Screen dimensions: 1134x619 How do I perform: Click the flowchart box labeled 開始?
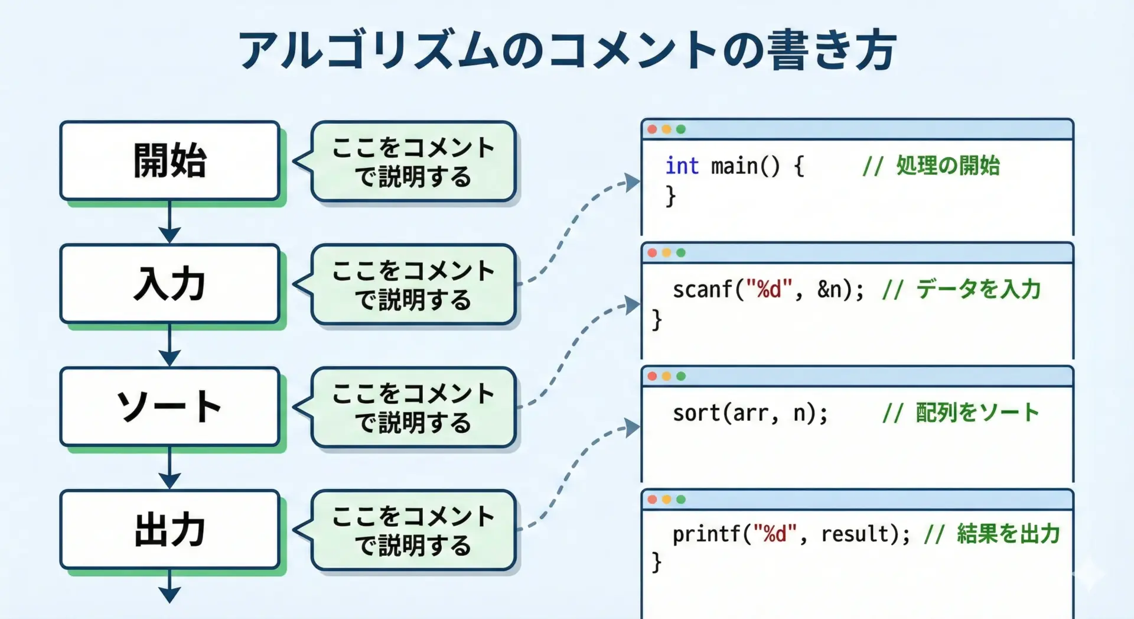[x=170, y=161]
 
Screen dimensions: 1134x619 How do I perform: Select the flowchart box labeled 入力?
[x=170, y=284]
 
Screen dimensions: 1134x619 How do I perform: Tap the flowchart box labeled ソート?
[x=170, y=407]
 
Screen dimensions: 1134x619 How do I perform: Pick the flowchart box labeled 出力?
[x=170, y=530]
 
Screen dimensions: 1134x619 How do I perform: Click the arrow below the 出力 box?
[x=170, y=586]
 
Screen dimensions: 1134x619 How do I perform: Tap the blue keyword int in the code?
[x=682, y=166]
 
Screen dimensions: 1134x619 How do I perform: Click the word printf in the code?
[x=707, y=534]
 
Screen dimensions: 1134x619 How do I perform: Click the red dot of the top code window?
[x=652, y=129]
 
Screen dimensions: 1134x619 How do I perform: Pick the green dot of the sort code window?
[x=681, y=376]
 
